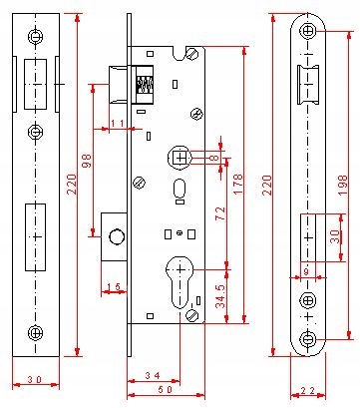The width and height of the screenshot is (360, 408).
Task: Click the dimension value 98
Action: tap(87, 159)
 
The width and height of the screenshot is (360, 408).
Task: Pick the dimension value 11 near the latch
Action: tap(117, 124)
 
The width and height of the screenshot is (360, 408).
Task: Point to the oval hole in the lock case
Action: tap(180, 190)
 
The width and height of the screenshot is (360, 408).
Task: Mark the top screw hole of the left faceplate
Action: tap(35, 36)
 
